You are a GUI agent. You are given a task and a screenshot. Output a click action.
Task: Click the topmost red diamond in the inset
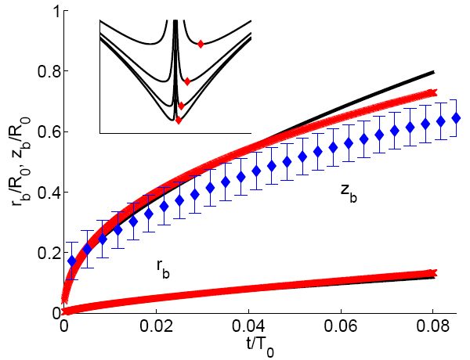pos(201,44)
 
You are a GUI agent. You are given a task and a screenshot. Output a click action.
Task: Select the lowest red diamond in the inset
pos(179,120)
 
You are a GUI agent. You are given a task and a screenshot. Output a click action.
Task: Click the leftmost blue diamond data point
pos(73,261)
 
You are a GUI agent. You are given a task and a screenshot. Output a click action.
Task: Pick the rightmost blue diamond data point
pos(457,118)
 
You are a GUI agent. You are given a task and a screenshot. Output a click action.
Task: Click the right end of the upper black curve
pos(434,72)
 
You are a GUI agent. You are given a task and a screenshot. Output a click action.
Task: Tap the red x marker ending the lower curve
pos(432,273)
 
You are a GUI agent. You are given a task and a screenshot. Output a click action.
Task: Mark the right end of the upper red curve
pos(432,93)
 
